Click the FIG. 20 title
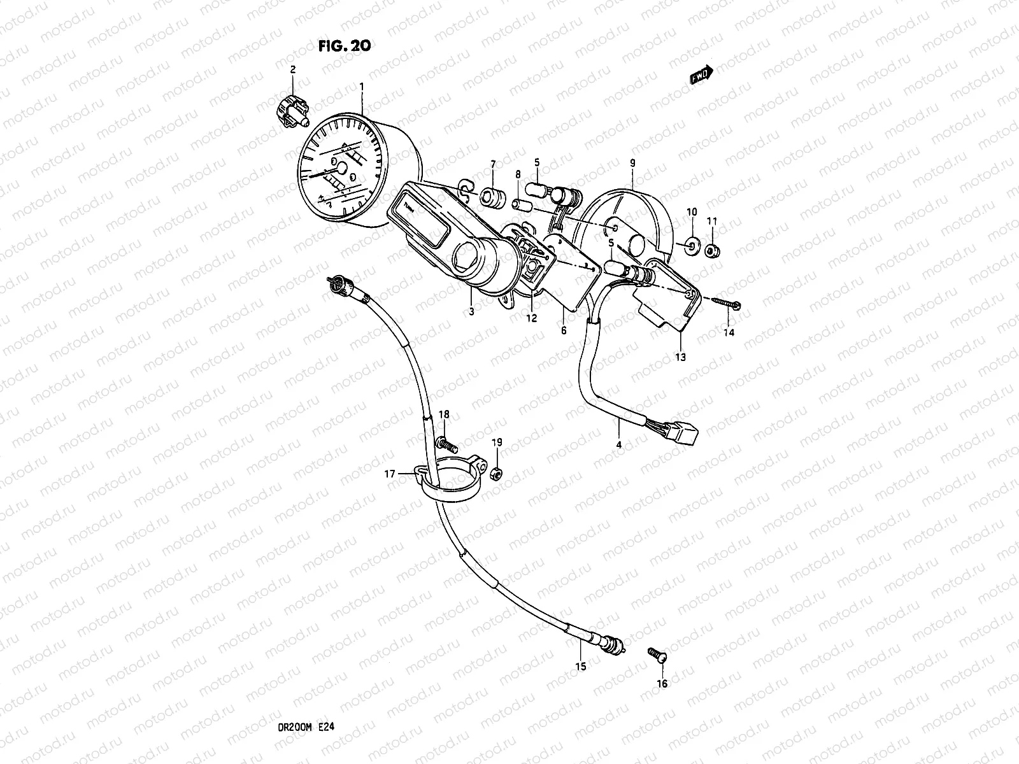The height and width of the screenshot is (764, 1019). point(344,45)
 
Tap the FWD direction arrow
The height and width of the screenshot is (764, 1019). point(701,76)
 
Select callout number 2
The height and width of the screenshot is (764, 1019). point(293,70)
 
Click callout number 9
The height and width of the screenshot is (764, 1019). point(632,164)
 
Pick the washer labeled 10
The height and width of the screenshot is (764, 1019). point(692,244)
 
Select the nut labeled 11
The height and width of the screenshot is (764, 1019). point(714,251)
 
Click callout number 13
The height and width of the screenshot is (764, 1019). point(680,357)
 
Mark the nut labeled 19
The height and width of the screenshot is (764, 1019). point(497,472)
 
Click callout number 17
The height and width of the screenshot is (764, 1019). point(390,473)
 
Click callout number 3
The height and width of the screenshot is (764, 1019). point(471,311)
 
